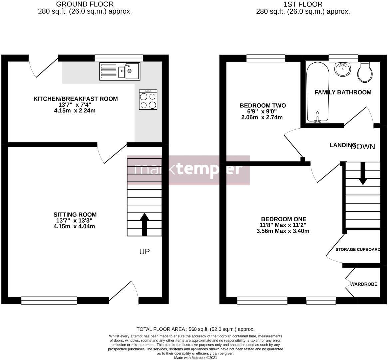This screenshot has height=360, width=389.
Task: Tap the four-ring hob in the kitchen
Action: pyautogui.click(x=148, y=100)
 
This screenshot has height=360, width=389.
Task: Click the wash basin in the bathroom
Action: pyautogui.click(x=343, y=69)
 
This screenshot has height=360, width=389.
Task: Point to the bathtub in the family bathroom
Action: pyautogui.click(x=318, y=92)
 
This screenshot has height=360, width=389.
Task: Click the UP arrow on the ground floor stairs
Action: pyautogui.click(x=144, y=224)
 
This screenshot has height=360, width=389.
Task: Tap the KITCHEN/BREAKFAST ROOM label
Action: pyautogui.click(x=75, y=99)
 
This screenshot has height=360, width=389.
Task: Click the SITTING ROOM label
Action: pyautogui.click(x=75, y=215)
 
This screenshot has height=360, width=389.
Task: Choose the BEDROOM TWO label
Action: pyautogui.click(x=263, y=106)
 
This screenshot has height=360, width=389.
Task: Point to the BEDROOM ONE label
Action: pyautogui.click(x=283, y=219)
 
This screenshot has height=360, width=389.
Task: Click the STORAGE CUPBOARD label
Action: pyautogui.click(x=358, y=250)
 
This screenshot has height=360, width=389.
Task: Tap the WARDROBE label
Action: pyautogui.click(x=364, y=284)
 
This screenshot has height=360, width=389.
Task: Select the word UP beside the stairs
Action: pyautogui.click(x=144, y=251)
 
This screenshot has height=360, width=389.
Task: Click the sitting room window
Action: pyautogui.click(x=49, y=301)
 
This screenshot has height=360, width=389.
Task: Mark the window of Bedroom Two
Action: pyautogui.click(x=266, y=58)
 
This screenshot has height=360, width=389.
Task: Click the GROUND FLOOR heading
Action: pyautogui.click(x=85, y=4)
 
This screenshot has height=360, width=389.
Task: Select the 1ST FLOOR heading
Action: pyautogui.click(x=303, y=4)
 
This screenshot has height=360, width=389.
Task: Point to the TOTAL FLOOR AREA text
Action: pyautogui.click(x=195, y=329)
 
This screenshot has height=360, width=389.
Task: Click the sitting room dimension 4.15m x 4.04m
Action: pyautogui.click(x=75, y=227)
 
